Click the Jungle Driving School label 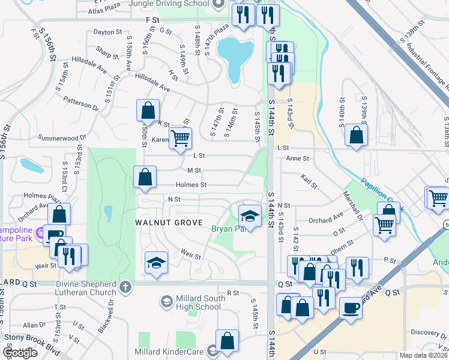pos(169,4)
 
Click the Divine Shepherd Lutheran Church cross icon pos(124,287)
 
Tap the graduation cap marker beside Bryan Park pos(250,215)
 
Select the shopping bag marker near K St pos(148,110)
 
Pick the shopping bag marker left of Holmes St pos(145,177)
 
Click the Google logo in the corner pos(20,353)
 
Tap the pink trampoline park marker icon pos(40,232)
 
